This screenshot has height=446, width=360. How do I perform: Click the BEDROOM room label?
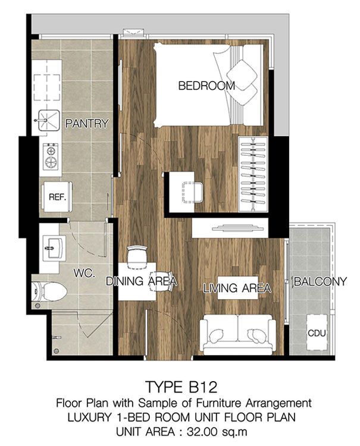click(206, 86)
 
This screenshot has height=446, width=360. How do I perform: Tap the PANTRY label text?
click(87, 124)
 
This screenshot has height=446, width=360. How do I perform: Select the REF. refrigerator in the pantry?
click(57, 197)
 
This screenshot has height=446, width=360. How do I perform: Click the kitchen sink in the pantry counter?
click(49, 121)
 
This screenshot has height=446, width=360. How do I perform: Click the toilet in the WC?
click(49, 291)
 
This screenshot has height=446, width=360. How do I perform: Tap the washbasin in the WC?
click(54, 248)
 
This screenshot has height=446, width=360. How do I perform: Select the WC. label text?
click(84, 274)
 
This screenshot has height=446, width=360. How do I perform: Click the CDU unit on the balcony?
click(317, 332)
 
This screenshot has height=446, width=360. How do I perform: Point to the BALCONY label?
click(321, 282)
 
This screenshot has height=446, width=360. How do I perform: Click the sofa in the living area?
click(238, 334)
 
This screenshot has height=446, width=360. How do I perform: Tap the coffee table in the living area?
click(238, 288)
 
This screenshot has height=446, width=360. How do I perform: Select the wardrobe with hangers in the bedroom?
click(253, 174)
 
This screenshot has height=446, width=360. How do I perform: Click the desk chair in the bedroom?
click(192, 192)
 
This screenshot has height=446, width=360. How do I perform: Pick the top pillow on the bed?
click(242, 73)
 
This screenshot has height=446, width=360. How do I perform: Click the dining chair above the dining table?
click(137, 257)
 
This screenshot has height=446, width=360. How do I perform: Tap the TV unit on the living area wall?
click(230, 228)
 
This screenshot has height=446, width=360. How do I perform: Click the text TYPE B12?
click(181, 387)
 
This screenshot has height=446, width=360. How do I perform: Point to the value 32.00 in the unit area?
click(203, 432)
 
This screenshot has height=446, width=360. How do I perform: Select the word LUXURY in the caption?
click(89, 417)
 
